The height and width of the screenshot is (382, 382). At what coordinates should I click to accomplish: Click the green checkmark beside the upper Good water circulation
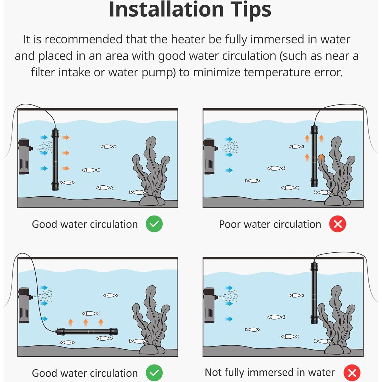point(154,224)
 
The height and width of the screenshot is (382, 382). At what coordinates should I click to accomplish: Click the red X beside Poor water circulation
point(337,224)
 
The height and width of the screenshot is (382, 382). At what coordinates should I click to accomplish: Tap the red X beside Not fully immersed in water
point(352,373)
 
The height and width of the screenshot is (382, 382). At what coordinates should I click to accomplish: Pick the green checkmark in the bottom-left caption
point(154,373)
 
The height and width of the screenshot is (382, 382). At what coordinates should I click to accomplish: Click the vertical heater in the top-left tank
point(55,159)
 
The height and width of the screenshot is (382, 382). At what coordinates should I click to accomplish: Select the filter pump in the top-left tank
point(25,156)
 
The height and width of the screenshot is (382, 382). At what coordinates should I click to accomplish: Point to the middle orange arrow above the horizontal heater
point(86,323)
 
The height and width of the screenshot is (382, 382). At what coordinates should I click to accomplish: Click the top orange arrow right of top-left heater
point(65,137)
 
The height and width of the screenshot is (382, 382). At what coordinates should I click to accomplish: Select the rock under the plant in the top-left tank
point(152,200)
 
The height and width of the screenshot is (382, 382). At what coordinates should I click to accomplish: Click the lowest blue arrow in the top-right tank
point(229,170)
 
